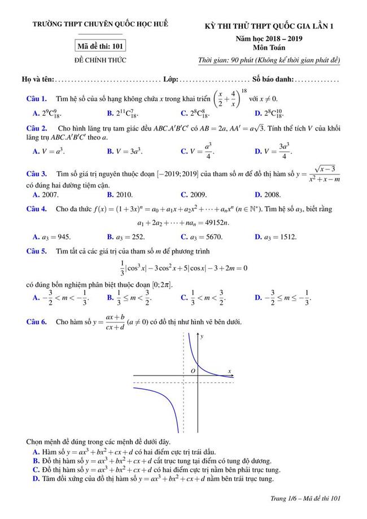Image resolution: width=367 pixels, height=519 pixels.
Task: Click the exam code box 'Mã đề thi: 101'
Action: pos(100,46)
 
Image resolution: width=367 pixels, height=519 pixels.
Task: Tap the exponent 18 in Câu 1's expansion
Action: pos(244,90)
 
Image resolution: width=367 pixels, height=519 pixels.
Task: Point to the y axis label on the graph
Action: pos(202,337)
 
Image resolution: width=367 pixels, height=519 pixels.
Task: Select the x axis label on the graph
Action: pos(230,371)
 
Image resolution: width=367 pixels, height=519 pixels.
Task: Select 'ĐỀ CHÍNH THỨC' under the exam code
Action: pos(100,59)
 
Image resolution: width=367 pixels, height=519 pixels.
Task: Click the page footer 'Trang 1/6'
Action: pos(305,498)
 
